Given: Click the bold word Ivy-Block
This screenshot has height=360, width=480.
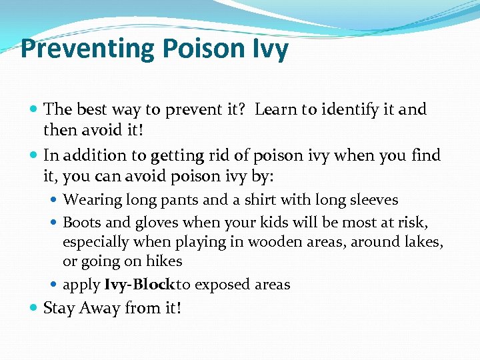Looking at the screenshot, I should [x=139, y=285].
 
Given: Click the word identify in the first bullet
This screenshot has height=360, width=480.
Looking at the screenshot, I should [x=353, y=109].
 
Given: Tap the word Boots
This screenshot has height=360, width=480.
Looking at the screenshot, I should [x=81, y=222].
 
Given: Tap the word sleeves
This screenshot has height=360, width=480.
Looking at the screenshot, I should [x=372, y=200].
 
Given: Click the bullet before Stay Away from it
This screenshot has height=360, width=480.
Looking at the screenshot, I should [x=35, y=309].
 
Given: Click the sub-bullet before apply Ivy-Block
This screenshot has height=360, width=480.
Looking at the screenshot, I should [x=55, y=285].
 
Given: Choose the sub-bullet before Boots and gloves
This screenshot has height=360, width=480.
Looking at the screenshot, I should [x=55, y=223].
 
